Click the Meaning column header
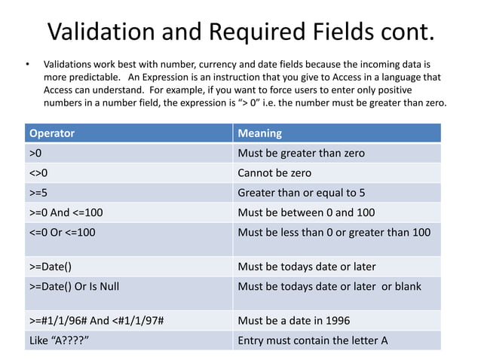[259, 133]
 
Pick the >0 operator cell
[35, 153]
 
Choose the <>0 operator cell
[39, 172]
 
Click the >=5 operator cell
[39, 192]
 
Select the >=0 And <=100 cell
[66, 212]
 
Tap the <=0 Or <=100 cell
[63, 232]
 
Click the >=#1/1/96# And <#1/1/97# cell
[97, 320]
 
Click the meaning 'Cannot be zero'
[274, 172]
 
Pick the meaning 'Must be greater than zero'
[301, 153]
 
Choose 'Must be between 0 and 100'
[306, 212]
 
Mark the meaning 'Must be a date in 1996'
[293, 320]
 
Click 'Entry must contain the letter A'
[313, 340]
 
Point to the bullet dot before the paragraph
[27, 64]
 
